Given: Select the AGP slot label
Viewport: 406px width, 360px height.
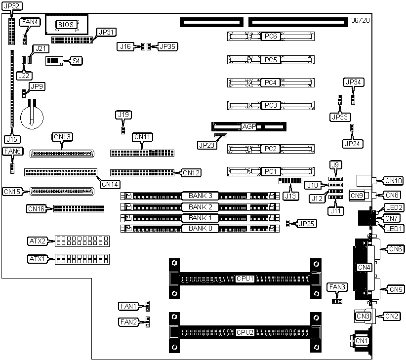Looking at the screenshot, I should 248,126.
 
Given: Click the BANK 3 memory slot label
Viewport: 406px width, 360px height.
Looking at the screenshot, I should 200,196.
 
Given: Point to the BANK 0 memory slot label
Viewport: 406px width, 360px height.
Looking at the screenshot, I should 200,229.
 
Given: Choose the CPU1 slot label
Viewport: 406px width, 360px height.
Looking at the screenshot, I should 245,279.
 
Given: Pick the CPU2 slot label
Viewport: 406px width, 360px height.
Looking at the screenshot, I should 245,332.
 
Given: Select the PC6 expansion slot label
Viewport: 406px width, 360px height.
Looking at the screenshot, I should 270,37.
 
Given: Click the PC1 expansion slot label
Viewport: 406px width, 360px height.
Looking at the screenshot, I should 270,171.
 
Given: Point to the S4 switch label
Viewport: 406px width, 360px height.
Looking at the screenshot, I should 76,61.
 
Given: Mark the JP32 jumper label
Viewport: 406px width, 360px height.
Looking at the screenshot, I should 11,6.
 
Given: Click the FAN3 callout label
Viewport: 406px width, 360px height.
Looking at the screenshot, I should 337,287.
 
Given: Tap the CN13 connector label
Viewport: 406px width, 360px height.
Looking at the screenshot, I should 62,137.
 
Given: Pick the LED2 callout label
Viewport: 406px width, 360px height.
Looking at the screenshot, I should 395,207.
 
